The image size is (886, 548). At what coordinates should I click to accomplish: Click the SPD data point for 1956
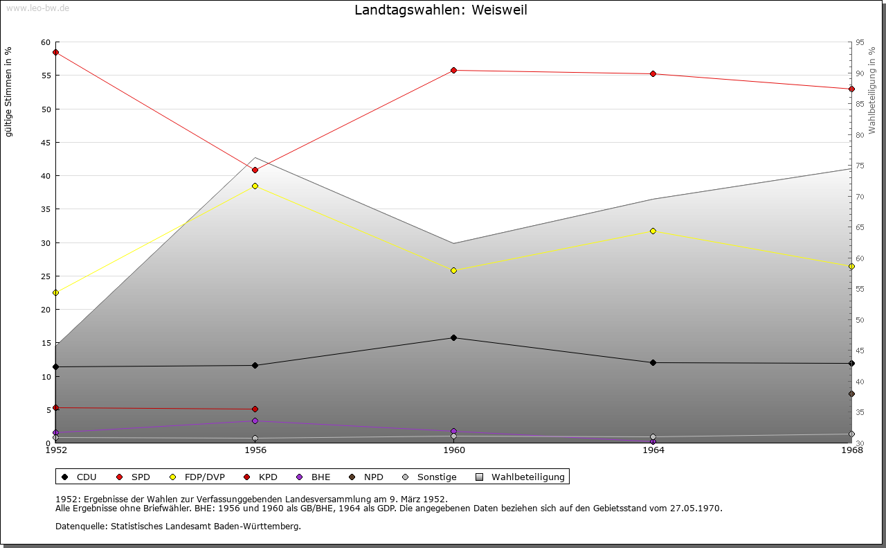pos(255,170)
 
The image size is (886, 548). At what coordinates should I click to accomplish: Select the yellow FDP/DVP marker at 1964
pos(653,231)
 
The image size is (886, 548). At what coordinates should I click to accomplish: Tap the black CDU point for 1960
pos(453,338)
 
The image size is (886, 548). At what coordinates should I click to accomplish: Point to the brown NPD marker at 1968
pos(851,394)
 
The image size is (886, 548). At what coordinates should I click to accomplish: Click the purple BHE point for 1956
pos(255,421)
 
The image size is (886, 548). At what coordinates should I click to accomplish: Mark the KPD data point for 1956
pos(255,409)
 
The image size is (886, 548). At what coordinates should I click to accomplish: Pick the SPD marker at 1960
pos(453,70)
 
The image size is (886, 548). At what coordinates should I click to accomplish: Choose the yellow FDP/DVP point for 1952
pos(55,292)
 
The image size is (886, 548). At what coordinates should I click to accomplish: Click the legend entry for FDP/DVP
pos(204,477)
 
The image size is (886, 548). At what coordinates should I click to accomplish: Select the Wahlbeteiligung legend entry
pos(527,477)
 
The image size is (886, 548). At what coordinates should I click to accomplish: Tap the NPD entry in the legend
pos(373,477)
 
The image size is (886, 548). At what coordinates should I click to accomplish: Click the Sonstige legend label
pos(436,477)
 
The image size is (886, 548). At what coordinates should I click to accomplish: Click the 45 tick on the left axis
pos(46,143)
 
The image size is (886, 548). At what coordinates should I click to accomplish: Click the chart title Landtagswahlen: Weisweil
pos(441,10)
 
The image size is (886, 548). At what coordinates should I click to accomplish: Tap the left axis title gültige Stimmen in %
pos(9,91)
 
